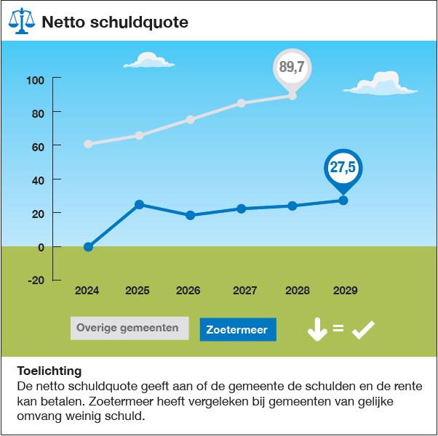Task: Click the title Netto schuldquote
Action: pyautogui.click(x=115, y=23)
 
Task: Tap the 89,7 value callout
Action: pyautogui.click(x=292, y=68)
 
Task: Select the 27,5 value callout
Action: pyautogui.click(x=343, y=168)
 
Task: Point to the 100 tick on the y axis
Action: pyautogui.click(x=35, y=79)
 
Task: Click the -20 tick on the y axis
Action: pyautogui.click(x=35, y=280)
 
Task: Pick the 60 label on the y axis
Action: pyautogui.click(x=37, y=146)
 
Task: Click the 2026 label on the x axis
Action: pyautogui.click(x=188, y=291)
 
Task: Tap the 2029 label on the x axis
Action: pyautogui.click(x=345, y=291)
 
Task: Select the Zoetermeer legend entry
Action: pyautogui.click(x=237, y=330)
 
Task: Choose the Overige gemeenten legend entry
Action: pyautogui.click(x=128, y=328)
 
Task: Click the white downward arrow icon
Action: pyautogui.click(x=317, y=330)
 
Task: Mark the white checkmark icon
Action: pyautogui.click(x=362, y=330)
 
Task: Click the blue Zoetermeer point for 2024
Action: pyautogui.click(x=88, y=247)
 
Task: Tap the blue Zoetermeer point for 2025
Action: pyautogui.click(x=139, y=204)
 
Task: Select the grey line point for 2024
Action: pyautogui.click(x=88, y=144)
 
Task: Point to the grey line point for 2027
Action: pyautogui.click(x=241, y=103)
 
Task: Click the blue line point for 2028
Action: pyautogui.click(x=292, y=206)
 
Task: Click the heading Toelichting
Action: pyautogui.click(x=49, y=371)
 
